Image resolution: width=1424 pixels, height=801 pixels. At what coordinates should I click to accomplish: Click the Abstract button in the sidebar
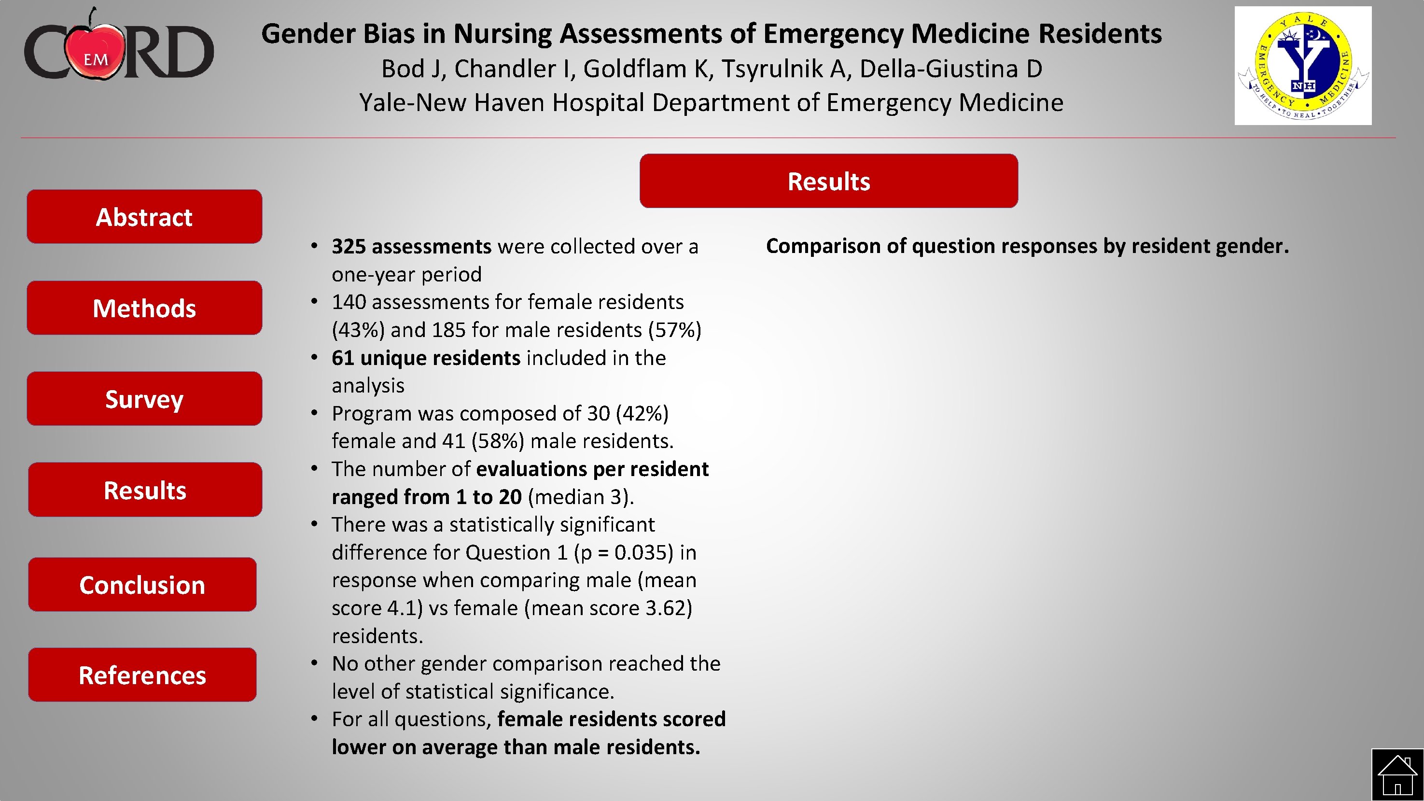point(144,217)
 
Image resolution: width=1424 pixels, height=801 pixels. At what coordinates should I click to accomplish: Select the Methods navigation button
point(144,308)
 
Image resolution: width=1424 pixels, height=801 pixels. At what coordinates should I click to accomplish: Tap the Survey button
point(144,398)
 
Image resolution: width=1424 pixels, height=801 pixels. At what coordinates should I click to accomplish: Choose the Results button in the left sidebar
point(145,490)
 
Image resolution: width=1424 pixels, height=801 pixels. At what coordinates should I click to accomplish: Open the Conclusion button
point(142,584)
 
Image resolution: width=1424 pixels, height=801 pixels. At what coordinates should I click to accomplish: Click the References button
point(142,675)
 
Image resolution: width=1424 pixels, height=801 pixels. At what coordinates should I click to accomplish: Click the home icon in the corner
point(1397,775)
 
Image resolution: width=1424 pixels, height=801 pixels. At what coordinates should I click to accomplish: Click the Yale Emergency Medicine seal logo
point(1303,66)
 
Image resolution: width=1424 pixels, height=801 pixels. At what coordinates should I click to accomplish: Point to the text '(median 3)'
point(580,497)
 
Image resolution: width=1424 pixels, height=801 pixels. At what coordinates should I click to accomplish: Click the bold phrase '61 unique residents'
point(426,358)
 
